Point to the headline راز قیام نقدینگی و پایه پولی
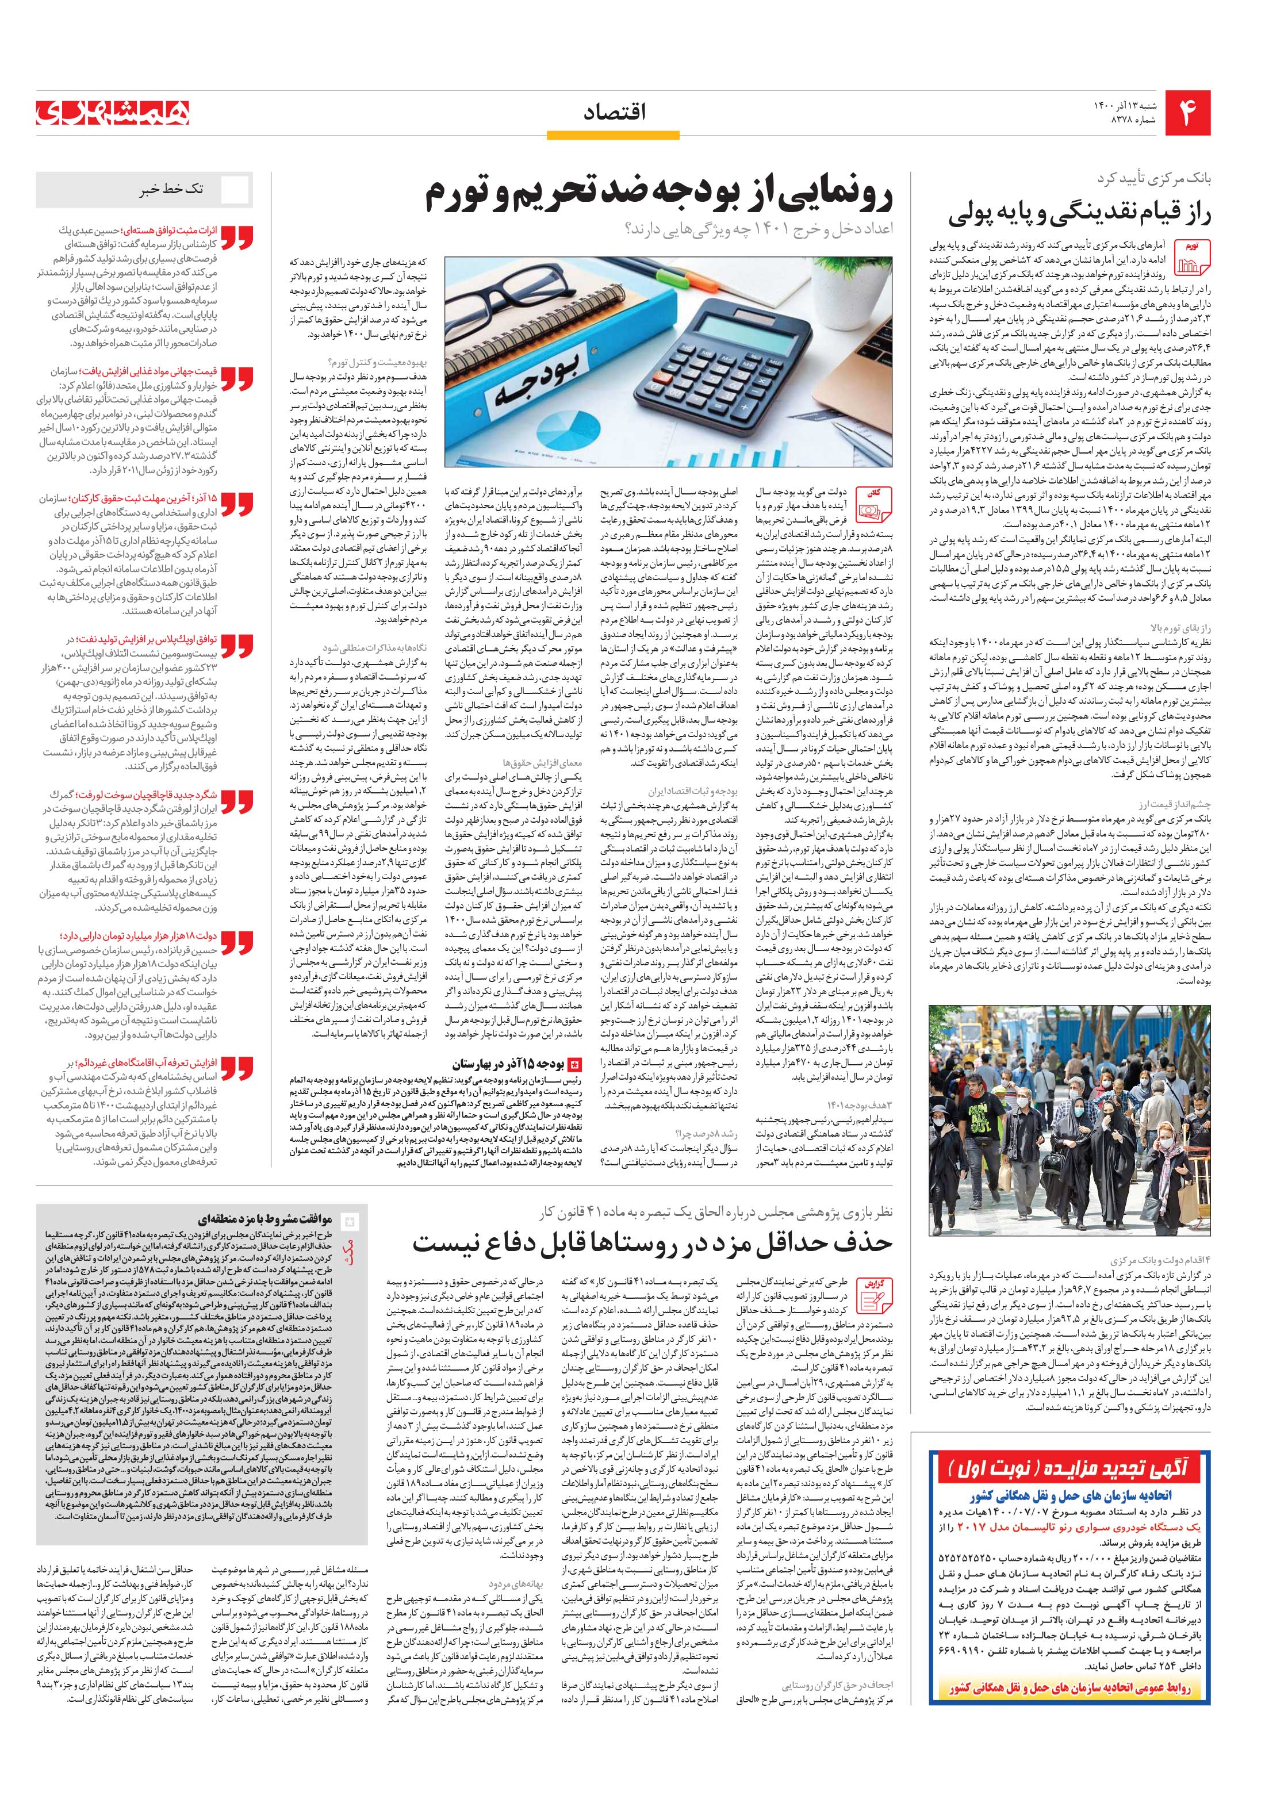[1079, 214]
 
